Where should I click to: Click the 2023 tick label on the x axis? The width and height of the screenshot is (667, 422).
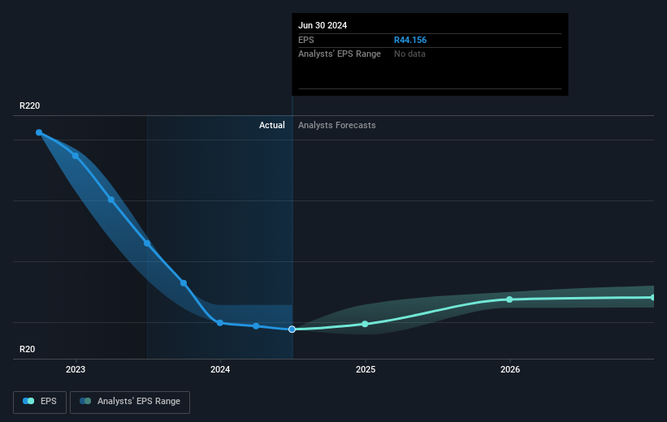tap(76, 370)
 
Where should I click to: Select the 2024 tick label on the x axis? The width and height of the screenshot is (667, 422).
tap(220, 370)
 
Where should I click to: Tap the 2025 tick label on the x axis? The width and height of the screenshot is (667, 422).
tap(365, 370)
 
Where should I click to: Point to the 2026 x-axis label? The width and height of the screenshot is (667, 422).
tap(510, 370)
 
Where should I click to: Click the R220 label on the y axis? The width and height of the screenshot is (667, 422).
tap(30, 106)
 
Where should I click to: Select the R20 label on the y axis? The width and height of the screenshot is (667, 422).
tap(28, 349)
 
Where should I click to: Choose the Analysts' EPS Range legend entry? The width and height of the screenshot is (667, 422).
tap(130, 401)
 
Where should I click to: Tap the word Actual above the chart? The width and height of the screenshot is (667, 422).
tap(271, 125)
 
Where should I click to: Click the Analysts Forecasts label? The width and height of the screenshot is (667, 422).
tap(337, 125)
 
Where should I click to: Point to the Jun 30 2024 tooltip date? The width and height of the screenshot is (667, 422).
tap(323, 25)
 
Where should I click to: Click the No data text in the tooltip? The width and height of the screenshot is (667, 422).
tap(409, 54)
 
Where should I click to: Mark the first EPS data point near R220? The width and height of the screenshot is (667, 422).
tap(39, 132)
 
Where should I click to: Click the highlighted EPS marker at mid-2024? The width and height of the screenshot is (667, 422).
tap(292, 329)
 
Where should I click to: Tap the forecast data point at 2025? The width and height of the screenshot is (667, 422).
tap(365, 324)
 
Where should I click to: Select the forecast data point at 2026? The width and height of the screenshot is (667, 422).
tap(510, 299)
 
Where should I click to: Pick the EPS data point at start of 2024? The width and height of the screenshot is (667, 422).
tap(220, 323)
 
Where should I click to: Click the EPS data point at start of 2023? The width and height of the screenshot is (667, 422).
tap(76, 156)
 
